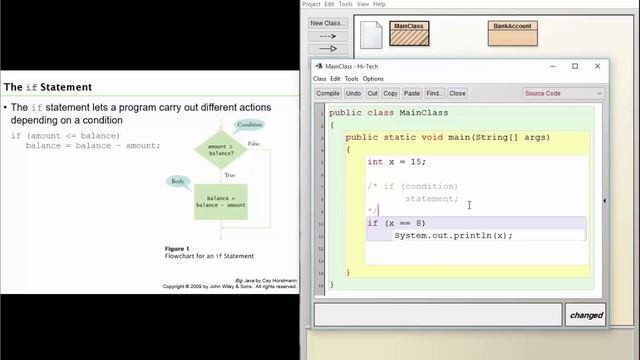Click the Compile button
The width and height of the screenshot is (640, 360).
pyautogui.click(x=328, y=93)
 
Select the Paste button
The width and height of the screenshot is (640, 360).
pyautogui.click(x=410, y=93)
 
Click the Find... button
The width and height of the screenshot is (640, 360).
pyautogui.click(x=434, y=93)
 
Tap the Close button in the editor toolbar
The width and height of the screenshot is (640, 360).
pyautogui.click(x=457, y=93)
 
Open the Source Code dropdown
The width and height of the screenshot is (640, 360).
pyautogui.click(x=563, y=93)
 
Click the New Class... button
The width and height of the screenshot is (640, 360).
pyautogui.click(x=327, y=23)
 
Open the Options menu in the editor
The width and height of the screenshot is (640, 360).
pyautogui.click(x=373, y=79)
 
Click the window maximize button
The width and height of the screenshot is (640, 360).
pyautogui.click(x=575, y=66)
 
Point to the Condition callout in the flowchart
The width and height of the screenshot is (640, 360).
pyautogui.click(x=249, y=125)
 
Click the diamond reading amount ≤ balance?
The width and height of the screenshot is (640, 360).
pyautogui.click(x=220, y=148)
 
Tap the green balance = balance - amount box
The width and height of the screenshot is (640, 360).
pyautogui.click(x=219, y=201)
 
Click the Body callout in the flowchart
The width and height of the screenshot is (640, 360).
pyautogui.click(x=177, y=181)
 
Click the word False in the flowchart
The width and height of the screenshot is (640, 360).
pyautogui.click(x=253, y=144)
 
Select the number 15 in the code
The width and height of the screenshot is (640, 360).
pyautogui.click(x=417, y=162)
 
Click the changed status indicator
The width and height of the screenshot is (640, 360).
pyautogui.click(x=586, y=315)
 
